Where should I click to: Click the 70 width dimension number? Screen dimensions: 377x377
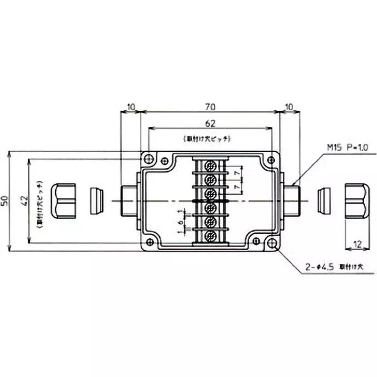point(210,108)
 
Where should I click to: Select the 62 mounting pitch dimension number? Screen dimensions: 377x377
point(210,124)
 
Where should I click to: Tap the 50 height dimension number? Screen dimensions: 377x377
point(6,201)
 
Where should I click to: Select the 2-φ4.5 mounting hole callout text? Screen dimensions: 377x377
point(321,267)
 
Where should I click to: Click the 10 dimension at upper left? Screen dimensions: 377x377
point(131,108)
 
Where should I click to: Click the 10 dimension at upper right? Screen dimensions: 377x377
point(289,108)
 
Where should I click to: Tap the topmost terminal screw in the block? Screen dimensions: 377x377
point(211,166)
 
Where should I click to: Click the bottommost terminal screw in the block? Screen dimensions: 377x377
point(211,235)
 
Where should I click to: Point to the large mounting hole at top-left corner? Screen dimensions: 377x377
point(149,158)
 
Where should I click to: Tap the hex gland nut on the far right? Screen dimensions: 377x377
point(357,201)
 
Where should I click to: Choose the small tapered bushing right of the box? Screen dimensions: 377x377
point(323,201)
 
